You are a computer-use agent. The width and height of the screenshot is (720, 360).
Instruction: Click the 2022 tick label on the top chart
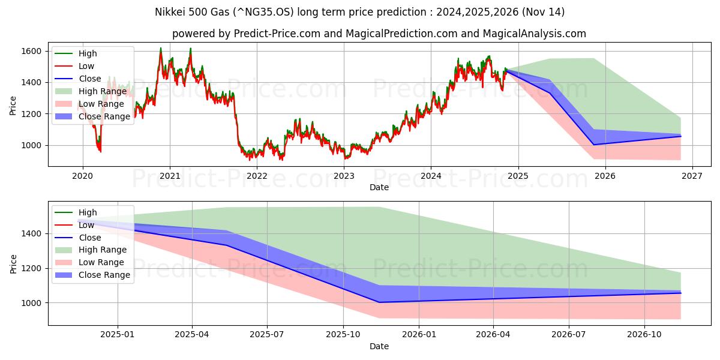pos(257,176)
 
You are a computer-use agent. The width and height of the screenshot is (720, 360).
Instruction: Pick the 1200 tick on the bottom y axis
pos(34,268)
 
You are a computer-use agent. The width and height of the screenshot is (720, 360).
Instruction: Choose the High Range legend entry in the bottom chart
pos(103,250)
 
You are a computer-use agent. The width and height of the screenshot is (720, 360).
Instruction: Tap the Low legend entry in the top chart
pos(86,66)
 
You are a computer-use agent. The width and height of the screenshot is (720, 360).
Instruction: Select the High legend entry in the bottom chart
pos(88,212)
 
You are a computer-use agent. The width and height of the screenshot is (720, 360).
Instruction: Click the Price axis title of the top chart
pos(13,106)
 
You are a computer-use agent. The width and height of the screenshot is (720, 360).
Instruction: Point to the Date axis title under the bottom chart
pos(379,346)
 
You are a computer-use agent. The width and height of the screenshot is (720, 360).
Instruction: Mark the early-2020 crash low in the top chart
pos(100,151)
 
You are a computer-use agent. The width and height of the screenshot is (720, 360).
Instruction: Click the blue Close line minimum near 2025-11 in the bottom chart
pos(379,302)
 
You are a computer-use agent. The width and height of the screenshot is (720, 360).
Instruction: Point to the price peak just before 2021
pos(161,49)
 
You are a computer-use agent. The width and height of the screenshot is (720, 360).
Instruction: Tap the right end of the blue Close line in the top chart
pos(680,136)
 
